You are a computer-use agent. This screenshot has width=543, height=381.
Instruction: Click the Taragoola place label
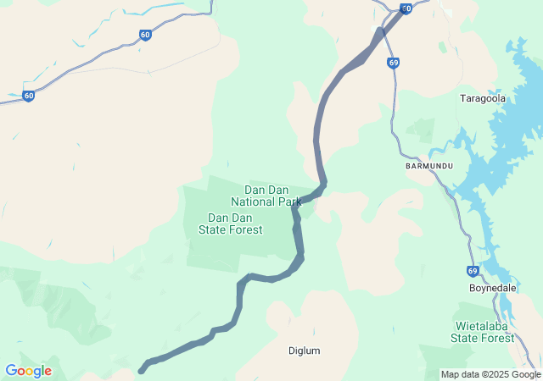pyautogui.click(x=482, y=98)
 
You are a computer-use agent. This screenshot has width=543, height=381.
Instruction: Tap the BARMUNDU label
pyautogui.click(x=429, y=165)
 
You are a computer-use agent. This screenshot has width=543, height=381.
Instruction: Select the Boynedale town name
pyautogui.click(x=493, y=288)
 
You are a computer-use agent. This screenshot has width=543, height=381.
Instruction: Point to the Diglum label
pyautogui.click(x=305, y=351)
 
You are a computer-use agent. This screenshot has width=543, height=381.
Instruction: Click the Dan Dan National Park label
pyautogui.click(x=266, y=196)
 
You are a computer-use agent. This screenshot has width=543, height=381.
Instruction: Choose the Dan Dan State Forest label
pyautogui.click(x=230, y=224)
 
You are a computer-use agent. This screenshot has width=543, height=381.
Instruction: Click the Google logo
pyautogui.click(x=28, y=371)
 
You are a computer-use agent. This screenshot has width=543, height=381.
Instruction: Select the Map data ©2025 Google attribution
pyautogui.click(x=490, y=374)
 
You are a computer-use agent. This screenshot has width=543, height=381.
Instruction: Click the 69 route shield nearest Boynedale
pyautogui.click(x=472, y=271)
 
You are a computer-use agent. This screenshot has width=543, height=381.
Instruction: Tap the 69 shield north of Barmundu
pyautogui.click(x=393, y=63)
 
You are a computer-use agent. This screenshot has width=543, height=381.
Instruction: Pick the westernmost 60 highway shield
pyautogui.click(x=29, y=96)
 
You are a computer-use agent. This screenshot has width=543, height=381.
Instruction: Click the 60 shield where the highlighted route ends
pyautogui.click(x=406, y=8)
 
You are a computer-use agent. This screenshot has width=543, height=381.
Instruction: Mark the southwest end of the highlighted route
pyautogui.click(x=142, y=370)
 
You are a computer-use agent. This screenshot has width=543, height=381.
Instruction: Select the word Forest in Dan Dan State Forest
pyautogui.click(x=245, y=229)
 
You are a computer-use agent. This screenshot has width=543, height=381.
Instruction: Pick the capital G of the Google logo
pyautogui.click(x=11, y=371)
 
